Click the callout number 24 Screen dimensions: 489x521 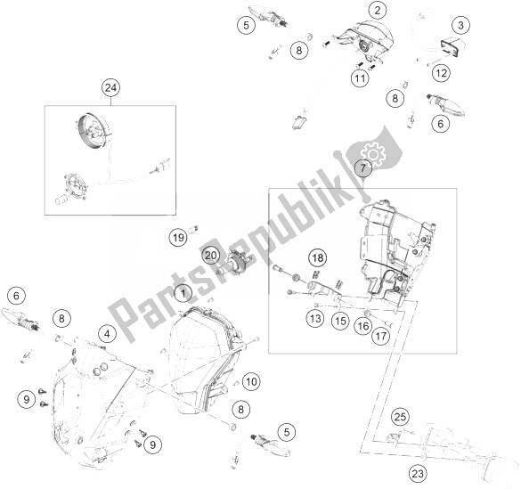coord(110,87)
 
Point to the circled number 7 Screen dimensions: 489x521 coord(364,168)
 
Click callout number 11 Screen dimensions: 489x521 coord(359,78)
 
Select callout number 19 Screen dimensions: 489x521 coord(178,237)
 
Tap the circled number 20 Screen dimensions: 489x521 coord(211,255)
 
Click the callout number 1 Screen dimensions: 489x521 coord(182,292)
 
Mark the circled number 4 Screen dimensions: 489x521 coord(107,333)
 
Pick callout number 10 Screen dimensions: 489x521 coord(252,381)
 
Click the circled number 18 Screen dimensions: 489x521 coord(316,258)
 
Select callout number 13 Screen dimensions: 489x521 coord(314,318)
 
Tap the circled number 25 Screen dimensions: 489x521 coord(401,415)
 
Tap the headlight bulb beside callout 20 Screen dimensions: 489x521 coord(237,261)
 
